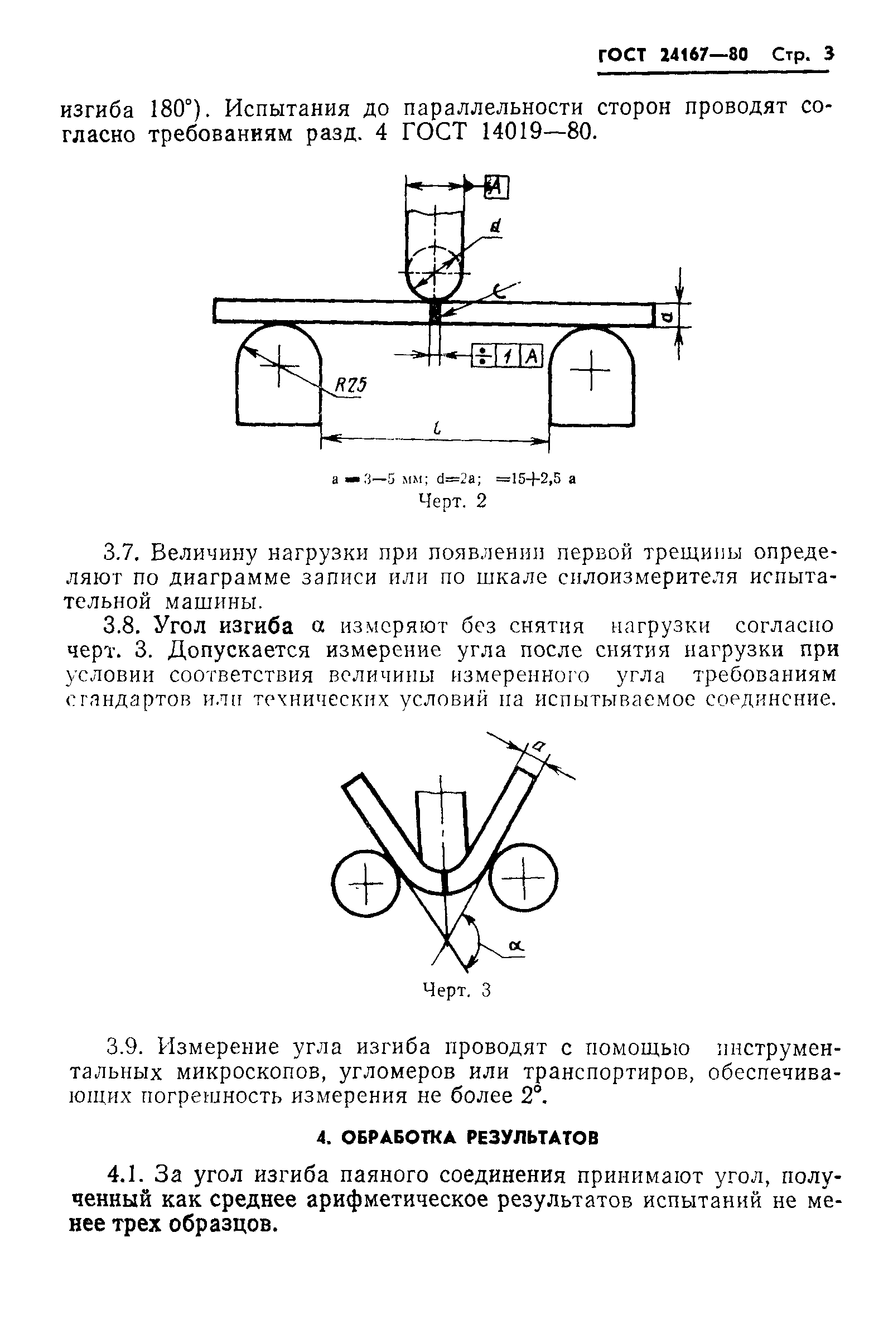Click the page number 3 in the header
click(828, 54)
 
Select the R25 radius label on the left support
click(349, 386)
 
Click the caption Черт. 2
click(453, 501)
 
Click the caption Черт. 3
click(456, 990)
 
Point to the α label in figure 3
click(517, 946)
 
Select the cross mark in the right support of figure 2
click(591, 370)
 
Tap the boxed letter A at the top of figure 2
click(496, 187)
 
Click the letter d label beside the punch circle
click(495, 227)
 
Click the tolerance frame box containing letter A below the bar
click(532, 356)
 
